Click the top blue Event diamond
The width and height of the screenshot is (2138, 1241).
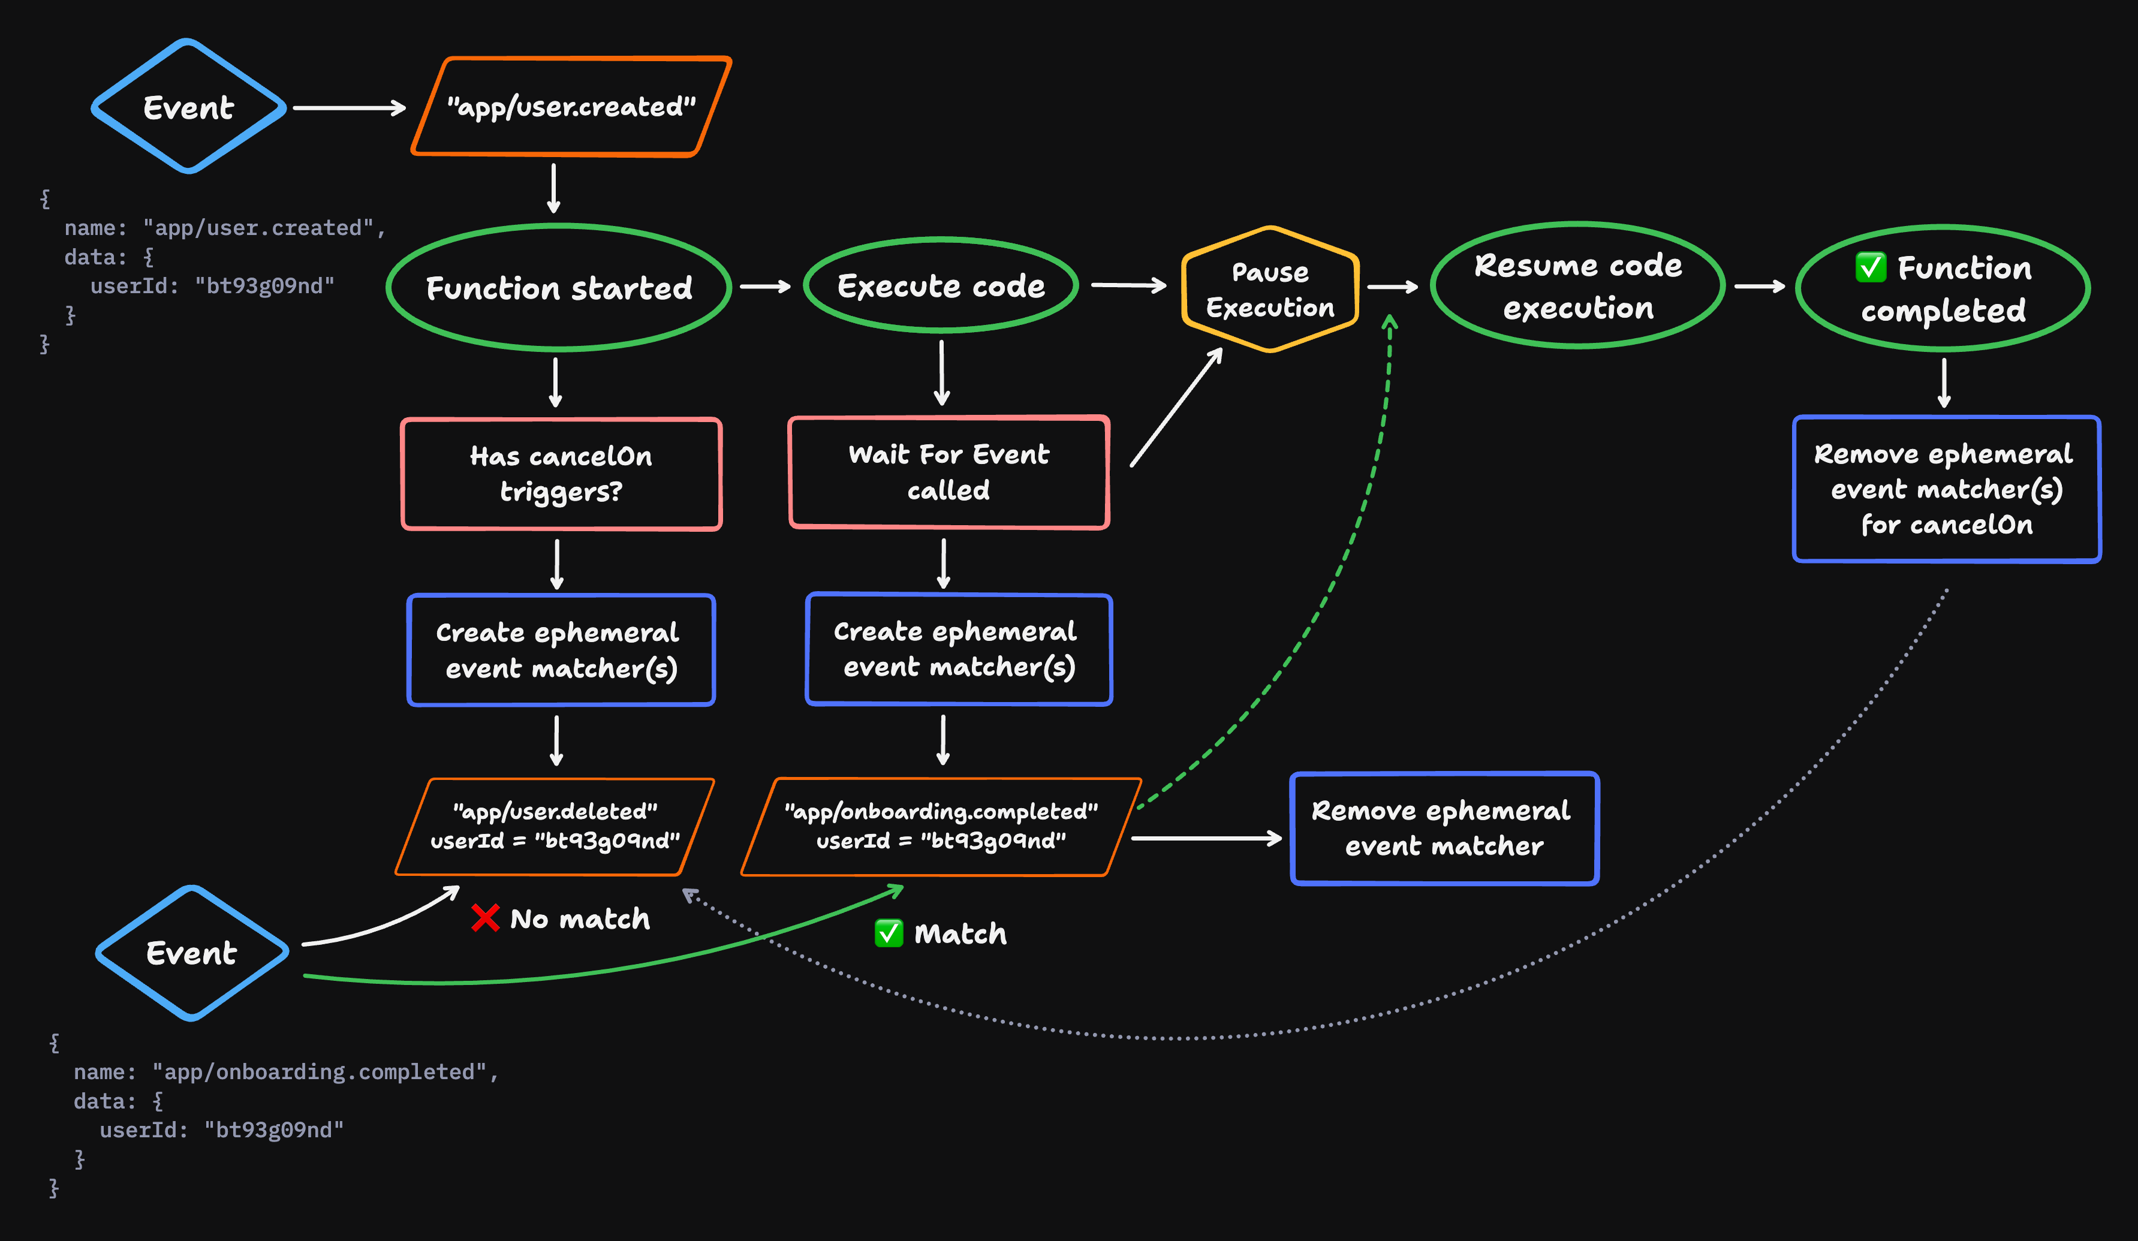188,107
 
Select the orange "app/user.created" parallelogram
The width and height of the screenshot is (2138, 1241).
571,107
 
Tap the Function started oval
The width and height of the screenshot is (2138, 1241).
558,288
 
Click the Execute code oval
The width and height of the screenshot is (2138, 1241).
940,286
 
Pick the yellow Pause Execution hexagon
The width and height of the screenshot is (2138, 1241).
1269,289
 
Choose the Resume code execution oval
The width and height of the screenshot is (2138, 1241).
1577,286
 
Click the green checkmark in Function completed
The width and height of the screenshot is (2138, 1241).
1870,267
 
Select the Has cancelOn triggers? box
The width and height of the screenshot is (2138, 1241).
561,474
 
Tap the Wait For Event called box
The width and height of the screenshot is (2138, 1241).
948,472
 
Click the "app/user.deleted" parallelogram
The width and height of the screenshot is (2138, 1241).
555,826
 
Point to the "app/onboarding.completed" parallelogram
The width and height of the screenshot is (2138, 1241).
940,826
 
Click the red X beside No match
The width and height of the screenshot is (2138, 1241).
485,918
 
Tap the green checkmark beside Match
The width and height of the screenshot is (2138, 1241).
889,933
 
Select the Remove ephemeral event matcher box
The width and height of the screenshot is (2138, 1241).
1443,828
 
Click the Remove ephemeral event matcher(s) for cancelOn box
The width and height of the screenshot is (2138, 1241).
1946,489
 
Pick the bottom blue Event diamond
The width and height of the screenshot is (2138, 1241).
192,953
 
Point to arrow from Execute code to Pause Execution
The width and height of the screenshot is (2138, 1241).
1128,286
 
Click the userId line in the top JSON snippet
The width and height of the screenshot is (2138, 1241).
212,286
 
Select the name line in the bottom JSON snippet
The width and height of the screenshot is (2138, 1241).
286,1071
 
